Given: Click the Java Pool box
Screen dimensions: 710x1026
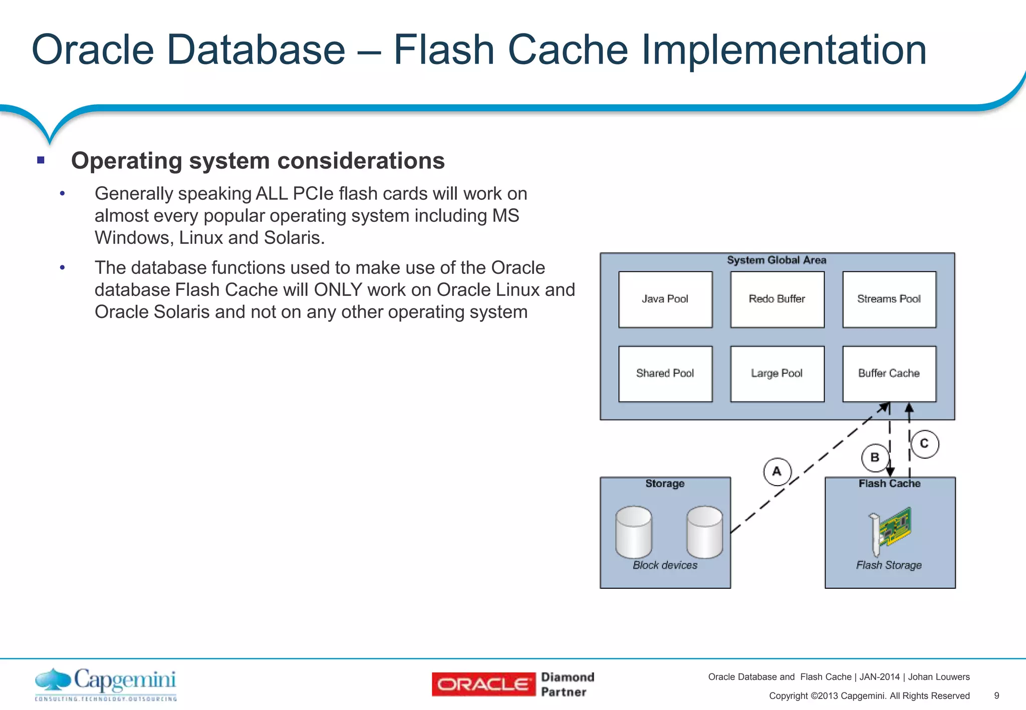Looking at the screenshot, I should (665, 299).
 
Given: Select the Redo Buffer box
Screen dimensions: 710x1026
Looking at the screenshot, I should (777, 299).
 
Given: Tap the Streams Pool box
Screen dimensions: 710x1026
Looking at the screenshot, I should (889, 299).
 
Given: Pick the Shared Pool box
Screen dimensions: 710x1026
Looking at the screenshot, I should (665, 374).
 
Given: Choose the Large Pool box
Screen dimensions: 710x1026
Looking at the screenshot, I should (777, 374).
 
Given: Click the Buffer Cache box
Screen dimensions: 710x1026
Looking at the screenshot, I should (889, 374).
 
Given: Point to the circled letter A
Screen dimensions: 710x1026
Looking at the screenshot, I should (777, 472).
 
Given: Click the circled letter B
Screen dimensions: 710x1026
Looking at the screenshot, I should (875, 458).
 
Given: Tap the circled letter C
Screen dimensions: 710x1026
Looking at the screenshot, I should (924, 444).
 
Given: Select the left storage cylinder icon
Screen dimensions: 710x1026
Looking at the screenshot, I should (634, 532).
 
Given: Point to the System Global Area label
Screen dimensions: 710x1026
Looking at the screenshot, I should (777, 260).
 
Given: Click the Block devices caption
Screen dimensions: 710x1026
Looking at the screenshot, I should (665, 565).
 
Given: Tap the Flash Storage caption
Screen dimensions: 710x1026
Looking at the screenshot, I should (889, 565).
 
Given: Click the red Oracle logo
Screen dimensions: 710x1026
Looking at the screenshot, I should (483, 684).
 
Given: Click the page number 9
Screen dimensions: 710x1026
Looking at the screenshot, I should (996, 695).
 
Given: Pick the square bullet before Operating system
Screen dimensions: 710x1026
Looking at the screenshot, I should (41, 161).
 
